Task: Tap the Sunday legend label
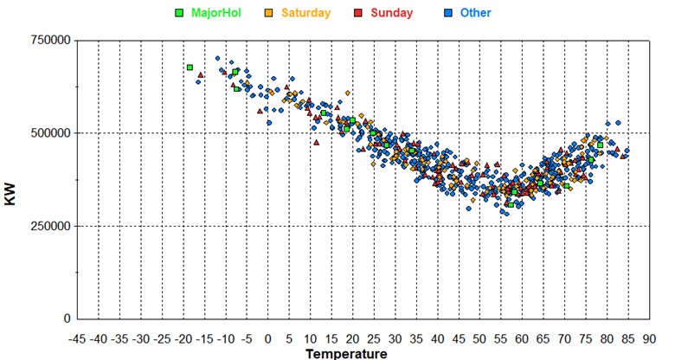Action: (393, 13)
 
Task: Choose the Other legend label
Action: (475, 13)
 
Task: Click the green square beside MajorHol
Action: (179, 13)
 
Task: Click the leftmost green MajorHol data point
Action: (190, 67)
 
